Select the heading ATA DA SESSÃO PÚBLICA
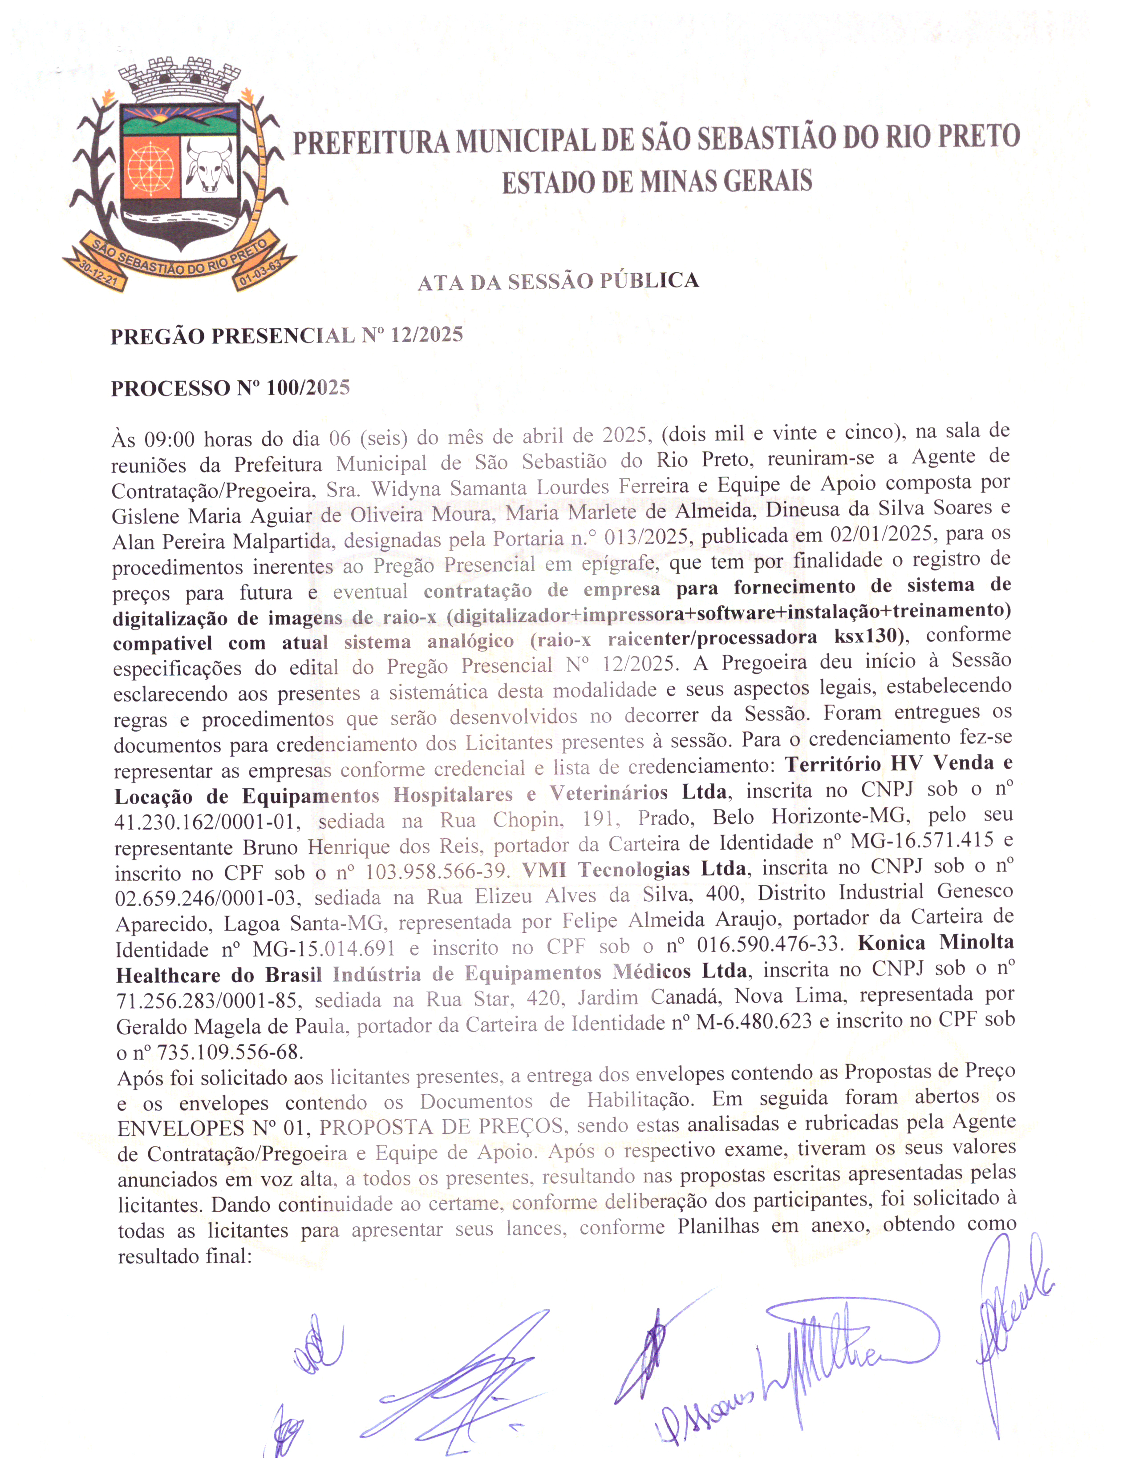[x=558, y=281]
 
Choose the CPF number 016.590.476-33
[x=769, y=944]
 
